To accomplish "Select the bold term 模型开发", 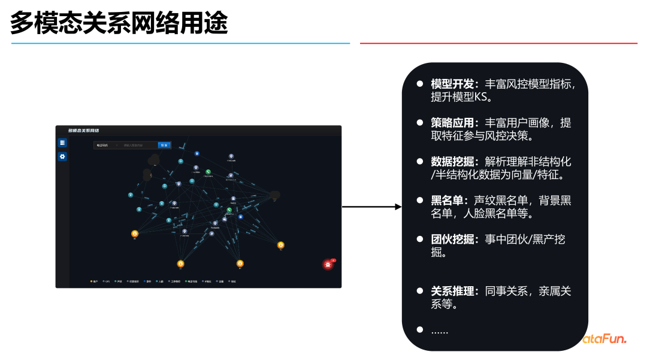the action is pos(452,84).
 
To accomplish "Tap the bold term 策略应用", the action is pos(452,123).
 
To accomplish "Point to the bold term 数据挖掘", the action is pos(452,162).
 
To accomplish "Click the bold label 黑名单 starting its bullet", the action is pos(446,201).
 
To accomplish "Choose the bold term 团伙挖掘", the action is pos(452,239).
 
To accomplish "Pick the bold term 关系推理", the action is pos(452,292).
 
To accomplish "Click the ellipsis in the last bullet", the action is pos(440,330).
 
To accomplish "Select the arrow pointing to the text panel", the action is pos(371,207).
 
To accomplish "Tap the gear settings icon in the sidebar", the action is pos(62,157).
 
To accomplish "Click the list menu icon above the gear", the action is pos(62,142).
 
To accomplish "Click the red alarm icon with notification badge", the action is pos(328,264).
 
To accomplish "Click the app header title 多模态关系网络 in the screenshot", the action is pos(84,131).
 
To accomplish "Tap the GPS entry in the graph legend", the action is pos(107,281).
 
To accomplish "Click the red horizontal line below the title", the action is pos(498,43).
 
